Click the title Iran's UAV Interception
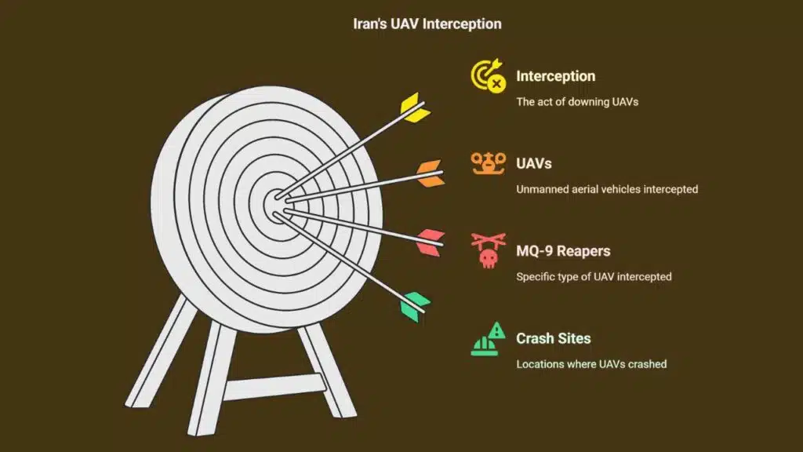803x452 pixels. click(x=427, y=24)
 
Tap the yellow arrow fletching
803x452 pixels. click(x=416, y=109)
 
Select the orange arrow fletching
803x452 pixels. click(x=431, y=173)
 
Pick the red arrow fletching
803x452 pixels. click(x=431, y=242)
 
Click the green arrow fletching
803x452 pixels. click(x=416, y=305)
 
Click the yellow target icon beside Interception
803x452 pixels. click(x=487, y=77)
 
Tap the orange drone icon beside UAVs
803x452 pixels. click(x=487, y=163)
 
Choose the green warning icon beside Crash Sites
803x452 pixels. click(x=487, y=339)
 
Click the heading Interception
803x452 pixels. click(x=555, y=76)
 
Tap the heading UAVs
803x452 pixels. click(x=533, y=164)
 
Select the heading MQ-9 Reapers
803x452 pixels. click(x=563, y=251)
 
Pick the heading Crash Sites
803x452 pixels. click(x=553, y=339)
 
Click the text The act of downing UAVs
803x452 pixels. click(x=577, y=101)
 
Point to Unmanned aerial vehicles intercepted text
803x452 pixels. click(x=606, y=189)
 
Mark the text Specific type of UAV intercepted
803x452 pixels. click(x=594, y=276)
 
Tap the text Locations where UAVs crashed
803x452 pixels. click(x=591, y=364)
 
